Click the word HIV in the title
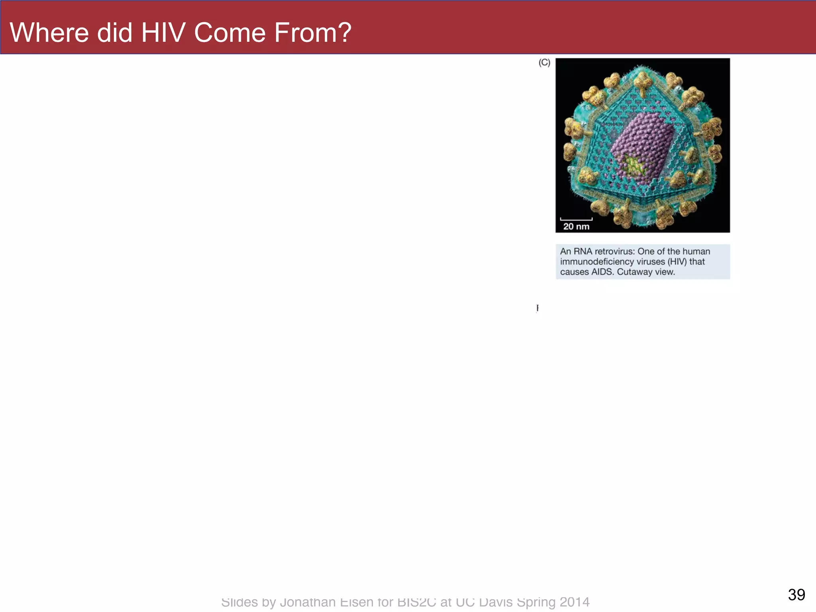[163, 33]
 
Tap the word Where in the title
[49, 33]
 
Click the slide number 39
[796, 595]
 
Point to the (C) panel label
[544, 63]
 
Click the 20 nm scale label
[576, 227]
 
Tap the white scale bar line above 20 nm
[576, 219]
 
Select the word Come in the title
[229, 33]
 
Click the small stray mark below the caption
[537, 308]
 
